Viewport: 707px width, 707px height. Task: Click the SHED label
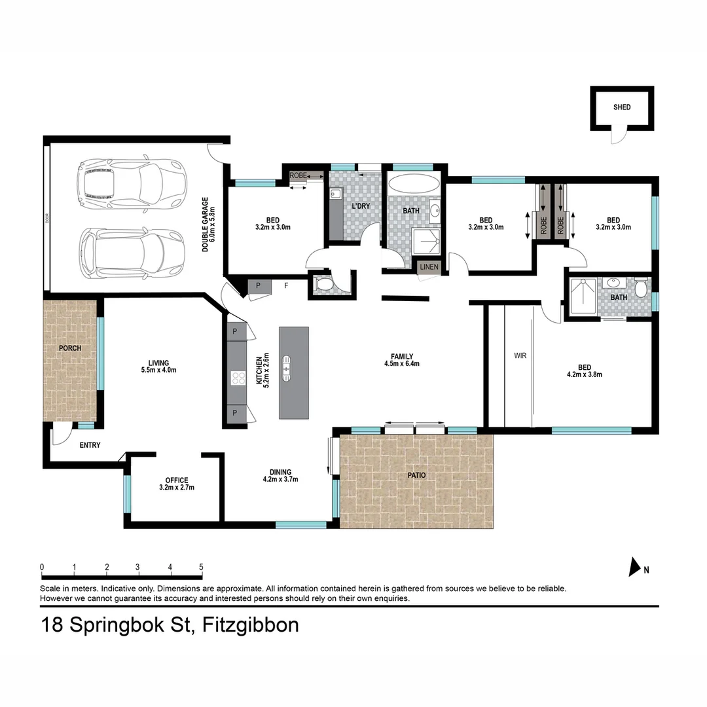click(x=622, y=107)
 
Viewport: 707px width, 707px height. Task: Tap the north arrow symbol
click(x=634, y=567)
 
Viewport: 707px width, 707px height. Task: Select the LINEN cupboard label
click(x=429, y=267)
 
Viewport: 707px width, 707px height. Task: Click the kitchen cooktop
click(x=238, y=378)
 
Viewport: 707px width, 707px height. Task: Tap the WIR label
click(x=520, y=355)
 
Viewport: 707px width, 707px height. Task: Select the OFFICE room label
click(x=177, y=480)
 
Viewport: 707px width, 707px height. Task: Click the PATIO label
click(x=416, y=475)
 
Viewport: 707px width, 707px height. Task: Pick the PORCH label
click(x=70, y=348)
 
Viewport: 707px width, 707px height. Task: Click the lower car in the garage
click(x=132, y=253)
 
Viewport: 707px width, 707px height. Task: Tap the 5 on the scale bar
click(x=201, y=567)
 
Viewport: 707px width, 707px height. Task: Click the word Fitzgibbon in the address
click(x=250, y=626)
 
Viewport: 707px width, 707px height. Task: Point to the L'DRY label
click(x=361, y=206)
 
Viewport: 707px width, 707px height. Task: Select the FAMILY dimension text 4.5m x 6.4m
click(x=402, y=363)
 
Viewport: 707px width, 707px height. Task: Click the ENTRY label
click(x=90, y=445)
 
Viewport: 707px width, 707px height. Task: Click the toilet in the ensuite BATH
click(x=641, y=289)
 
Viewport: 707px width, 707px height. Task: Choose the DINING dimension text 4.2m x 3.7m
click(x=280, y=479)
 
